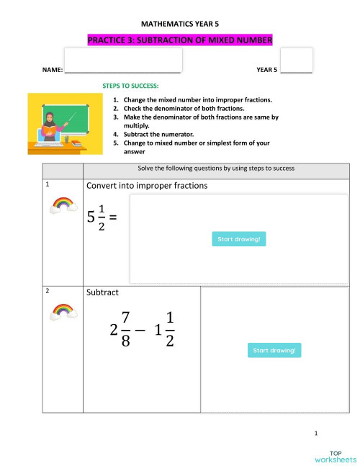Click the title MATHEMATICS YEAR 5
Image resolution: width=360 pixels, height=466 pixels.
pos(180,24)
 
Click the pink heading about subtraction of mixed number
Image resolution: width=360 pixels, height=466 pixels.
pos(180,41)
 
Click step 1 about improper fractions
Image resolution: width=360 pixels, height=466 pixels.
pos(197,99)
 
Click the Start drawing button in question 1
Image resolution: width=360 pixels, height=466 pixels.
pos(239,239)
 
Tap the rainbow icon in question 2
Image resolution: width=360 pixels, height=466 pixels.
pos(63,311)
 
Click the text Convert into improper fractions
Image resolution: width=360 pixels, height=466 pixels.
pos(147,186)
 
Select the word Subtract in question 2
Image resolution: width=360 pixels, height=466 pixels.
pos(103,293)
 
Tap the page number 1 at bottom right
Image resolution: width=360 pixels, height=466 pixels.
pos(316,433)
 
